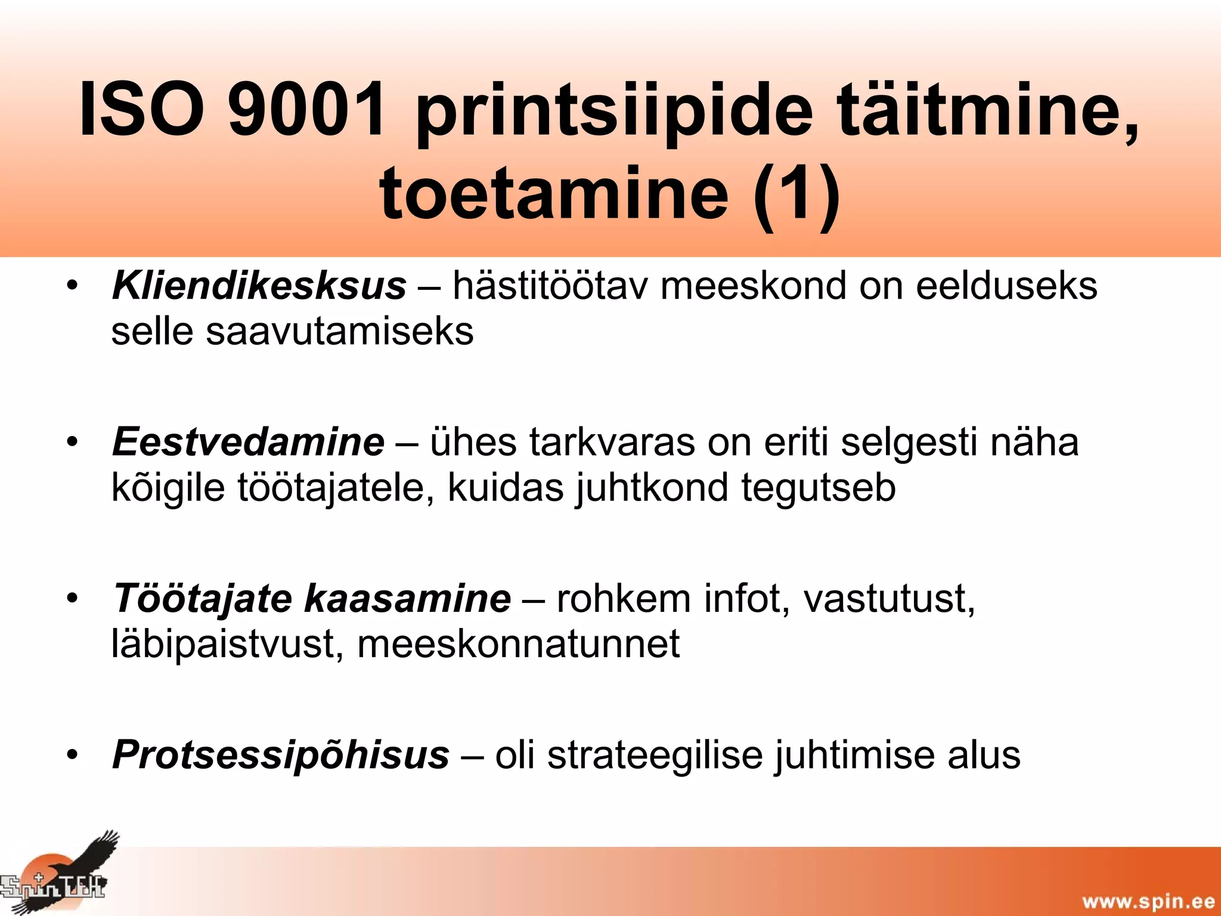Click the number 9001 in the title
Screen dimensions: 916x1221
click(308, 110)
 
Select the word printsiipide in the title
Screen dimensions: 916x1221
click(614, 113)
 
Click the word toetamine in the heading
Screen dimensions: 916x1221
click(554, 193)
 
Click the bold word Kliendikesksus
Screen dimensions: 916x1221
click(259, 286)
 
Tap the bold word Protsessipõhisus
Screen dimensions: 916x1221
click(281, 755)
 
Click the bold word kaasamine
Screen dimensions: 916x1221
click(408, 598)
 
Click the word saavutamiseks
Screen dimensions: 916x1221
click(339, 332)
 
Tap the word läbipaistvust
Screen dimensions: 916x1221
click(227, 645)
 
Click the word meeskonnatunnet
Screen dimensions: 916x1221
click(518, 644)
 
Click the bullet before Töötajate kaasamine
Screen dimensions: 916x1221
click(73, 598)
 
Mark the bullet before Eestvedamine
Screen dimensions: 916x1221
click(73, 442)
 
